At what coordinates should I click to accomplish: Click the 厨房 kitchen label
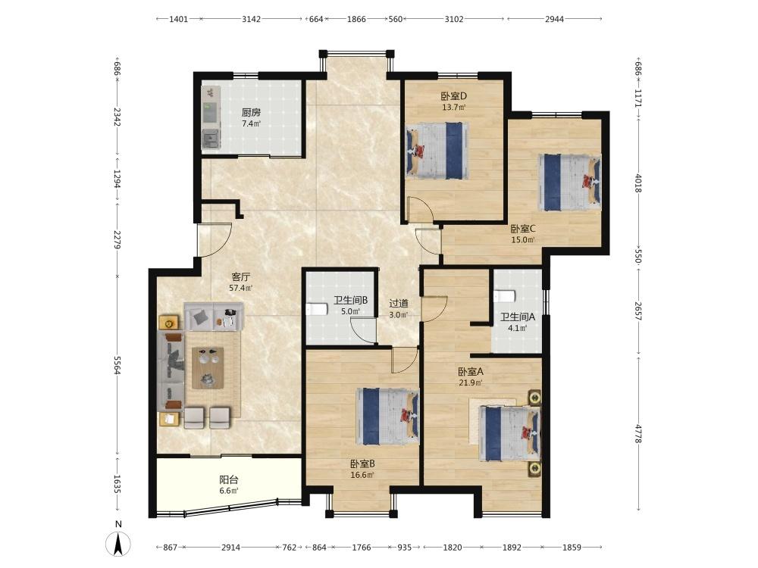pyautogui.click(x=251, y=113)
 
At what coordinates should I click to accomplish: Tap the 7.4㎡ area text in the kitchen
pyautogui.click(x=251, y=123)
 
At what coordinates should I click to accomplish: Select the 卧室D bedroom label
pyautogui.click(x=453, y=96)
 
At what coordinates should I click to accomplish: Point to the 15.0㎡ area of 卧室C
pyautogui.click(x=523, y=239)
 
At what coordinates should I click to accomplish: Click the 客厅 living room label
pyautogui.click(x=241, y=277)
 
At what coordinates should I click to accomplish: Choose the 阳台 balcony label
pyautogui.click(x=229, y=480)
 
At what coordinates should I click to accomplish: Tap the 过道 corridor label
pyautogui.click(x=399, y=304)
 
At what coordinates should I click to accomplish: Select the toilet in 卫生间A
pyautogui.click(x=505, y=295)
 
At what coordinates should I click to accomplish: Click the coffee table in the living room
pyautogui.click(x=208, y=368)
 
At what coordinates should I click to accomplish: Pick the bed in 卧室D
pyautogui.click(x=437, y=151)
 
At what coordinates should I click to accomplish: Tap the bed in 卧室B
pyautogui.click(x=387, y=416)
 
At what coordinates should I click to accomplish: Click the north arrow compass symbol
pyautogui.click(x=118, y=543)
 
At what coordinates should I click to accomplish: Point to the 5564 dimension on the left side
pyautogui.click(x=117, y=365)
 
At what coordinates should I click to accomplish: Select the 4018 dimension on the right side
pyautogui.click(x=638, y=183)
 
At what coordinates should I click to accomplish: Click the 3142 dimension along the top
pyautogui.click(x=251, y=20)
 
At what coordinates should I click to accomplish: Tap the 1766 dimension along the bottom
pyautogui.click(x=361, y=548)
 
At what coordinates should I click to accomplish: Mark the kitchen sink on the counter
pyautogui.click(x=211, y=139)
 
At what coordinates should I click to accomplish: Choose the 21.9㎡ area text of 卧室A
pyautogui.click(x=471, y=383)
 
